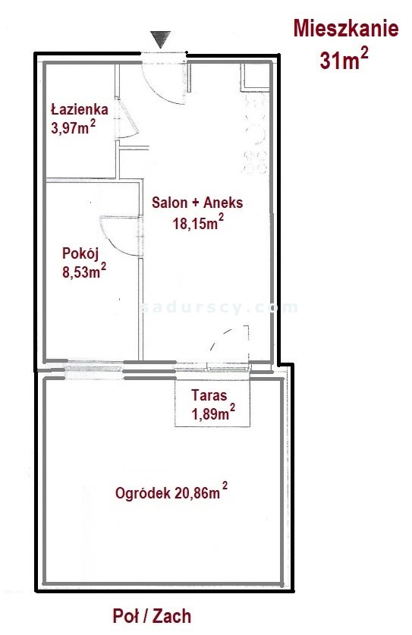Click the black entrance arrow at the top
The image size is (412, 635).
click(x=161, y=39)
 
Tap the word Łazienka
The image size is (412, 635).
click(x=80, y=109)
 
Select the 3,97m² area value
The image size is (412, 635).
click(x=74, y=127)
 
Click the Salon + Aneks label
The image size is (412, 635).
click(x=197, y=203)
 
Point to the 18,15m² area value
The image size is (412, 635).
click(x=198, y=222)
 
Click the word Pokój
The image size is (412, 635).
click(x=80, y=253)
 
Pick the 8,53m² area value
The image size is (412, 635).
click(x=84, y=271)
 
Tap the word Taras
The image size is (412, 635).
click(x=209, y=395)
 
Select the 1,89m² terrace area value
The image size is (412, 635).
click(x=213, y=413)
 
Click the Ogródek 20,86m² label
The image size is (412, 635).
click(x=171, y=492)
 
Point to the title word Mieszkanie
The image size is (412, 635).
click(x=346, y=29)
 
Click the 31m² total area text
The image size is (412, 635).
click(x=344, y=59)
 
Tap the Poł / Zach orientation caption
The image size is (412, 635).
click(x=152, y=616)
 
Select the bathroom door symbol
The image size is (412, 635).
click(x=127, y=119)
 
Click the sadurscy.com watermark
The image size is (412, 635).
click(x=219, y=308)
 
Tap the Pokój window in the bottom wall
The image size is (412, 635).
click(x=93, y=369)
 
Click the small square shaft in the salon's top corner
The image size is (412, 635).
click(x=256, y=77)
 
